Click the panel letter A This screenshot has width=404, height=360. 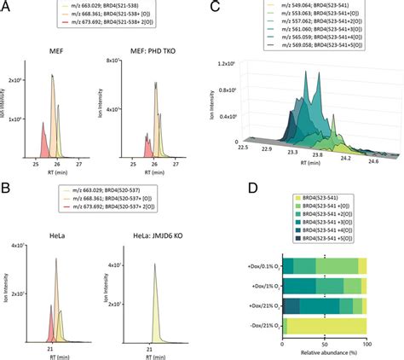tap(6, 6)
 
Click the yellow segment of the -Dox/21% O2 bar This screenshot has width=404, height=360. tap(324, 327)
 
